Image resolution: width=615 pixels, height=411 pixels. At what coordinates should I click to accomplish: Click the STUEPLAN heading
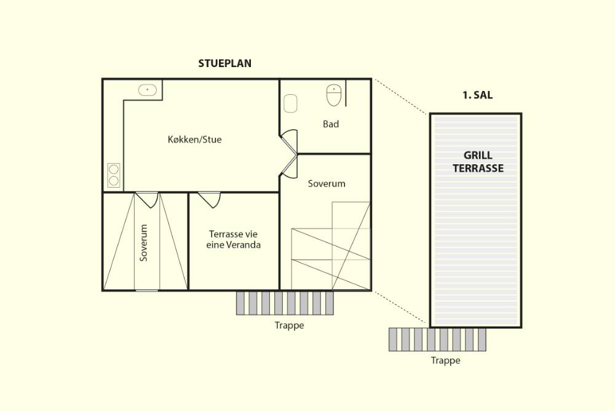[x=224, y=63]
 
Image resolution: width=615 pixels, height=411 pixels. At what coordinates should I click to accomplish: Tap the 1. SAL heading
[x=477, y=95]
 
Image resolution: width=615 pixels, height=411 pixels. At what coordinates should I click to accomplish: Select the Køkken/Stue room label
[x=194, y=139]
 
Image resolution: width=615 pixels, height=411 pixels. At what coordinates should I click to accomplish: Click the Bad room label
[x=331, y=124]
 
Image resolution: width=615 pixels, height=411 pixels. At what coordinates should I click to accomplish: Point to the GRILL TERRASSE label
[x=478, y=162]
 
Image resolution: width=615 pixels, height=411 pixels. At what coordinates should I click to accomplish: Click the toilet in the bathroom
[x=334, y=95]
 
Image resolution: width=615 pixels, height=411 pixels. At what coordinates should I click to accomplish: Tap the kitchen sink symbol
[x=148, y=90]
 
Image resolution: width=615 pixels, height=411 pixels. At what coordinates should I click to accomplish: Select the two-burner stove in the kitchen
[x=114, y=175]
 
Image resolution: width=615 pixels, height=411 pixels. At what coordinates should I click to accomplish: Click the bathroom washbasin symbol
[x=290, y=103]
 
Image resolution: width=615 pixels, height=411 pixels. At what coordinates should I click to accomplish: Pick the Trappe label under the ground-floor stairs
[x=289, y=325]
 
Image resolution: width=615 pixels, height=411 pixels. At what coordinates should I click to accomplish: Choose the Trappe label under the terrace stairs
[x=445, y=361]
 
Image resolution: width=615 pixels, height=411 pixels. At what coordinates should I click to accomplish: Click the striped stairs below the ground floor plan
[x=285, y=303]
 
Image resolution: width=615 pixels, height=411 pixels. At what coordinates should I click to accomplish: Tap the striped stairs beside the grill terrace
[x=437, y=340]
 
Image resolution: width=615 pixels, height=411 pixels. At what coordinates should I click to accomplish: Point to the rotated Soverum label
[x=143, y=242]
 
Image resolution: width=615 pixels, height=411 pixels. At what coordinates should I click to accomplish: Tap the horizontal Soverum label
[x=327, y=184]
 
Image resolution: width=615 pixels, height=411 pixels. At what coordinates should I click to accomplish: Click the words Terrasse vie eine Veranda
[x=233, y=239]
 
